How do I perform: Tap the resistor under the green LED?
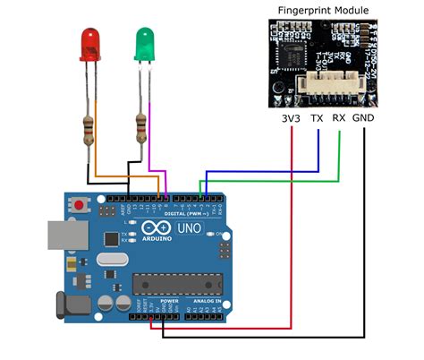[140, 128]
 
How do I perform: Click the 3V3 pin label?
[290, 116]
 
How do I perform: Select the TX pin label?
[317, 116]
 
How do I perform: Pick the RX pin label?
[339, 116]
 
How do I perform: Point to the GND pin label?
[364, 116]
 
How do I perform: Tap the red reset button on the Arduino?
[81, 206]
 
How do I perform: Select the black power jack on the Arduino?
[72, 305]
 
